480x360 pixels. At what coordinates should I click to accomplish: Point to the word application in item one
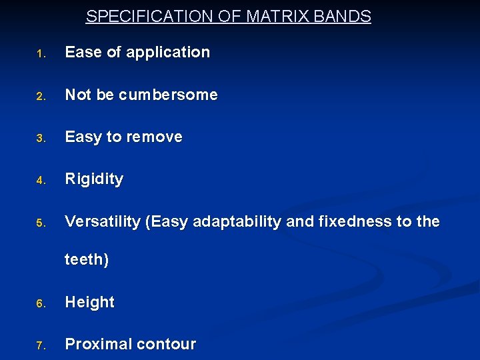[x=167, y=52]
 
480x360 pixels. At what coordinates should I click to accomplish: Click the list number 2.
[x=40, y=97]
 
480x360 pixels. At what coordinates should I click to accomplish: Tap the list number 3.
[x=40, y=139]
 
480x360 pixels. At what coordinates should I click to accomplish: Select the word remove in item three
[x=154, y=137]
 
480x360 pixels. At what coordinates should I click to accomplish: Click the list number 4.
[x=40, y=181]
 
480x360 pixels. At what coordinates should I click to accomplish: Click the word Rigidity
[x=94, y=179]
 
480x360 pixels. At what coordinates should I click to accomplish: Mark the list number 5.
[x=40, y=223]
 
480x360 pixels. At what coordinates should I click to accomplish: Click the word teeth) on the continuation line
[x=87, y=259]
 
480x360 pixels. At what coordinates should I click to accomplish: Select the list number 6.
[x=40, y=304]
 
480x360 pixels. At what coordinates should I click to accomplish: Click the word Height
[x=89, y=302]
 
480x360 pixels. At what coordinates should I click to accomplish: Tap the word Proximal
[x=98, y=344]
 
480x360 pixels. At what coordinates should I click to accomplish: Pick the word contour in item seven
[x=167, y=344]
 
